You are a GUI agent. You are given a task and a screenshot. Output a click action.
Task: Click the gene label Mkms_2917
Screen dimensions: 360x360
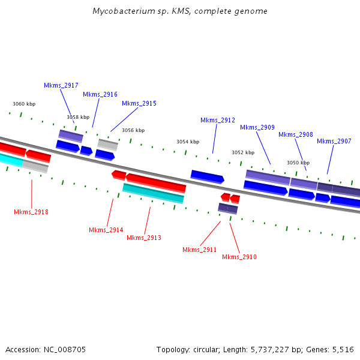pyautogui.click(x=61, y=86)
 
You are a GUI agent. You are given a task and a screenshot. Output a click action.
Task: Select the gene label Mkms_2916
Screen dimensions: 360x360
pyautogui.click(x=100, y=95)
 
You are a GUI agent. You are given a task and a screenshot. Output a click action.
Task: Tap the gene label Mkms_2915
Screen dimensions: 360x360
pyautogui.click(x=139, y=104)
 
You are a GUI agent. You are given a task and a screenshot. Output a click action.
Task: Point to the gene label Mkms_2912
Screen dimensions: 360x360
pyautogui.click(x=218, y=121)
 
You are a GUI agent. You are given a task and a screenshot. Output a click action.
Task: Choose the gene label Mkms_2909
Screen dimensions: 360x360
pyautogui.click(x=257, y=128)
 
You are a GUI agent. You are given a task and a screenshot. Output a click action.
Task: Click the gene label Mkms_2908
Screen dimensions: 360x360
pyautogui.click(x=296, y=135)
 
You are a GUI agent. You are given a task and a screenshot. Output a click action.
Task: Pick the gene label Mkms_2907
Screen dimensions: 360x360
pyautogui.click(x=334, y=142)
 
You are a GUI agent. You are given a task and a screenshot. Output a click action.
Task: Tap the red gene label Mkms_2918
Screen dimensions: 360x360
pyautogui.click(x=31, y=212)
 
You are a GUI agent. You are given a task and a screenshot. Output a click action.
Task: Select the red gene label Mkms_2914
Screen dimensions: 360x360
pyautogui.click(x=106, y=230)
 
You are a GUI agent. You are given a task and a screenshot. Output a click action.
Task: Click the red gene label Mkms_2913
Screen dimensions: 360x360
pyautogui.click(x=144, y=238)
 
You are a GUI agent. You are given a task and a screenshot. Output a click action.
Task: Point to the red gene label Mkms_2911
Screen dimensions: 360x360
pyautogui.click(x=200, y=250)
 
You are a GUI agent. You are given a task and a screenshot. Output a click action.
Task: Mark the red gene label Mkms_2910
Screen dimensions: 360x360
pyautogui.click(x=239, y=257)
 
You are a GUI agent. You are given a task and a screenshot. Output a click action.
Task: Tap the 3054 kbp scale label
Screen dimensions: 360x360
pyautogui.click(x=188, y=142)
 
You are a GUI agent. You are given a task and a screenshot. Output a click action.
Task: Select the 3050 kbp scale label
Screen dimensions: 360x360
pyautogui.click(x=298, y=163)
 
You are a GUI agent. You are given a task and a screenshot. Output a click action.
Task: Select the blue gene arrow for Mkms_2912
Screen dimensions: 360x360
pyautogui.click(x=207, y=176)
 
